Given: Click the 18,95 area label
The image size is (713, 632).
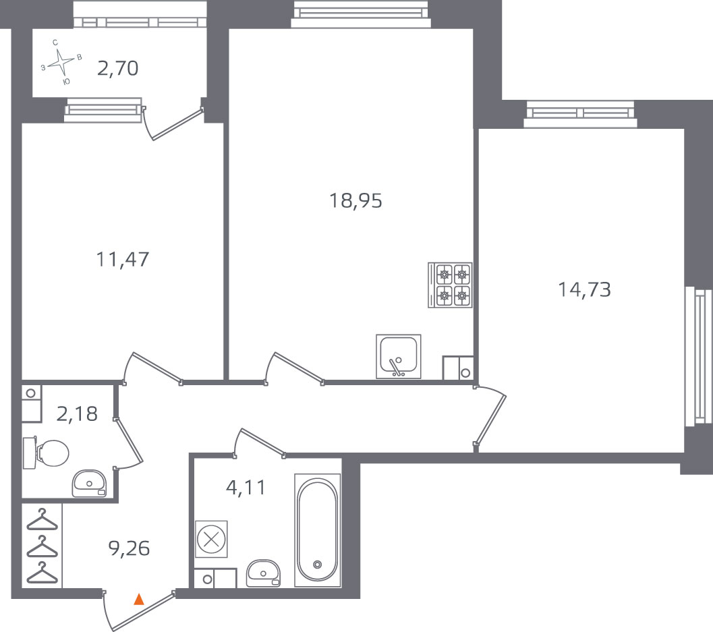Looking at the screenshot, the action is [x=355, y=200].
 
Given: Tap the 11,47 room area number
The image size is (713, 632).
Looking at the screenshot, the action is [x=122, y=259].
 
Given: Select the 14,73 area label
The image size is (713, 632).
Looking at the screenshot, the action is [x=584, y=289].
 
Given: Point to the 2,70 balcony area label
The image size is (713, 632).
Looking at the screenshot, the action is [x=118, y=68].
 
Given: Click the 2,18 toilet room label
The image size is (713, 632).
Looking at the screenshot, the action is [x=77, y=413].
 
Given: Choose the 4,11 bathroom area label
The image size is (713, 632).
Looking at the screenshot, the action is [x=246, y=488].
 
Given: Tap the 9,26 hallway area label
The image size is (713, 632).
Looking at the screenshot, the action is [x=129, y=549].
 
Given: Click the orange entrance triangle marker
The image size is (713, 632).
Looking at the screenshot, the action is [x=139, y=599].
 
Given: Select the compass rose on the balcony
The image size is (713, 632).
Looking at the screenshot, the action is [x=61, y=63].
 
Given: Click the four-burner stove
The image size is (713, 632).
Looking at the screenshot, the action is [x=450, y=285].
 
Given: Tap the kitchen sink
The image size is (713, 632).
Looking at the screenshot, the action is [x=399, y=356].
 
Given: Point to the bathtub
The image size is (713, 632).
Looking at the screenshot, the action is [x=318, y=530].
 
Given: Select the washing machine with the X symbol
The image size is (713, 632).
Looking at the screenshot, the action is [x=211, y=540].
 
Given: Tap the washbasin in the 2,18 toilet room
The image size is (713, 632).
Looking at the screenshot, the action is [x=89, y=484].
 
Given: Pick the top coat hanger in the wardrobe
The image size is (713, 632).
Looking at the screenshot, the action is [x=42, y=519].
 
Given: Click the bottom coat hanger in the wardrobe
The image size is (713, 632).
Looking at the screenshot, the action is [x=42, y=573].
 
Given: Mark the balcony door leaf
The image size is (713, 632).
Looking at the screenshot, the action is [x=177, y=123].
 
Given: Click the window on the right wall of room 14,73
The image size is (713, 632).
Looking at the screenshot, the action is [x=699, y=356].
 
